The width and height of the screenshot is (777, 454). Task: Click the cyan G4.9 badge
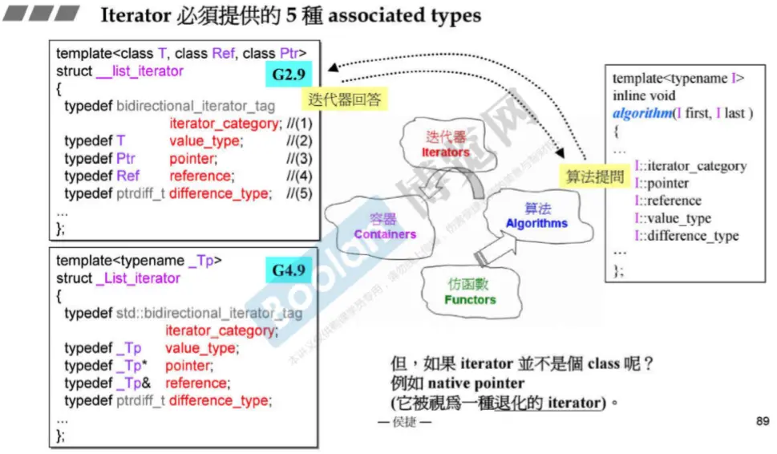(x=289, y=270)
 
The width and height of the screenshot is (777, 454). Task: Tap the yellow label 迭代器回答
(x=344, y=99)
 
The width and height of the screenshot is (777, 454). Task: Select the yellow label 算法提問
(x=594, y=176)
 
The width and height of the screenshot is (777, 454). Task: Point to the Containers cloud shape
(x=385, y=225)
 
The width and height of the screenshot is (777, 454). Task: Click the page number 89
(x=763, y=421)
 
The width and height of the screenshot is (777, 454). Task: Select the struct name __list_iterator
(x=140, y=71)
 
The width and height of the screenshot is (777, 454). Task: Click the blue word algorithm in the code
(x=642, y=113)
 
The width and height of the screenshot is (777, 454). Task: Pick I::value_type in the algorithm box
(x=673, y=218)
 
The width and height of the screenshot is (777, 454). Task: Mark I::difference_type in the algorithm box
(x=686, y=236)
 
